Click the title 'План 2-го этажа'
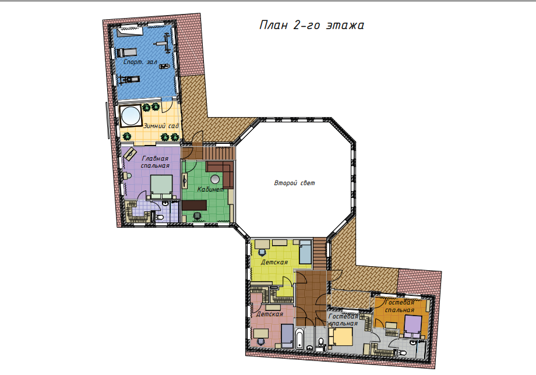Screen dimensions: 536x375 click(312, 25)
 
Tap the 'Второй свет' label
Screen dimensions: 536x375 click(294, 183)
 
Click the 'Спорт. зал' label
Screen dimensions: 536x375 click(140, 62)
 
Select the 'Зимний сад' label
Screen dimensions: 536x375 click(161, 126)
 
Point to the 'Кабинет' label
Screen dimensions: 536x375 click(210, 189)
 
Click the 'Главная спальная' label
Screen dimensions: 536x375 click(155, 162)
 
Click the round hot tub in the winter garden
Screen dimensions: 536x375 click(131, 116)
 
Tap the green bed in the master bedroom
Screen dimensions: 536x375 click(161, 186)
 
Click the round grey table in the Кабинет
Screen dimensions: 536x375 click(215, 179)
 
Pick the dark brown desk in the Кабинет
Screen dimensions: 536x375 click(194, 205)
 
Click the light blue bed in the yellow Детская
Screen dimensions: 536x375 click(305, 252)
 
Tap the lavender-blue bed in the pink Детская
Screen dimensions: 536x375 click(287, 336)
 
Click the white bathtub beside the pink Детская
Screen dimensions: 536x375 click(300, 338)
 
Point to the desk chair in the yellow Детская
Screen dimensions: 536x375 click(262, 252)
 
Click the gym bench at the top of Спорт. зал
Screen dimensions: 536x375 click(130, 32)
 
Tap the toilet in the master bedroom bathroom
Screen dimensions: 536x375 click(159, 217)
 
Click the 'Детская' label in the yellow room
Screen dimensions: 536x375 click(274, 262)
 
